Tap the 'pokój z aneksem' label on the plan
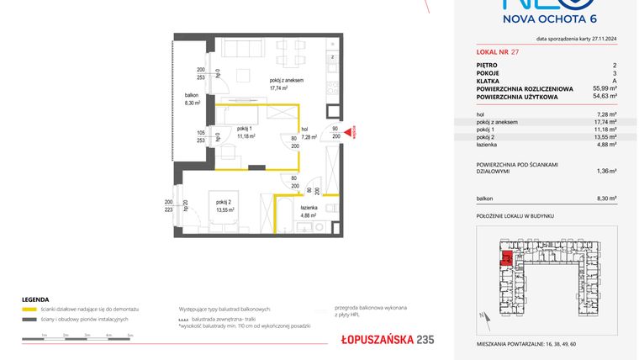[286, 80]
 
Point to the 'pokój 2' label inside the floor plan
[224, 204]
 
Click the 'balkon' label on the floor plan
[192, 95]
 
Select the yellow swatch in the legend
[29, 310]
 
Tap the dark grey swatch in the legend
[29, 320]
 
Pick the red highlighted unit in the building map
[505, 258]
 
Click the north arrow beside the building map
[483, 316]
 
